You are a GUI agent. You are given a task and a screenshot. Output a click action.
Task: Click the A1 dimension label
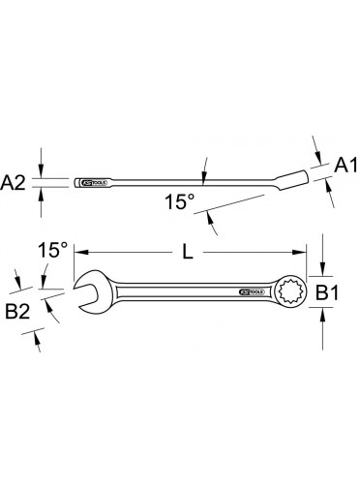pos(345,166)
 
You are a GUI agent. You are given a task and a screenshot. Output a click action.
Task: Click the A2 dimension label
pos(13,183)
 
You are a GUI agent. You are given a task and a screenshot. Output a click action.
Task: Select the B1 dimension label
pos(327,293)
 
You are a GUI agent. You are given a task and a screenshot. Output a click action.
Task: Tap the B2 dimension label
pos(17,312)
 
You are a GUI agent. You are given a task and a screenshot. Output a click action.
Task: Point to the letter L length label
pos(188,252)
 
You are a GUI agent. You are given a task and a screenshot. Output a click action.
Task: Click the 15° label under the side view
pos(180,201)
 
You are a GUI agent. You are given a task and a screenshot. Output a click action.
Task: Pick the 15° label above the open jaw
pos(53,250)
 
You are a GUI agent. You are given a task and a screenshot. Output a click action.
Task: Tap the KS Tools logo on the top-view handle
pos(252,291)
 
